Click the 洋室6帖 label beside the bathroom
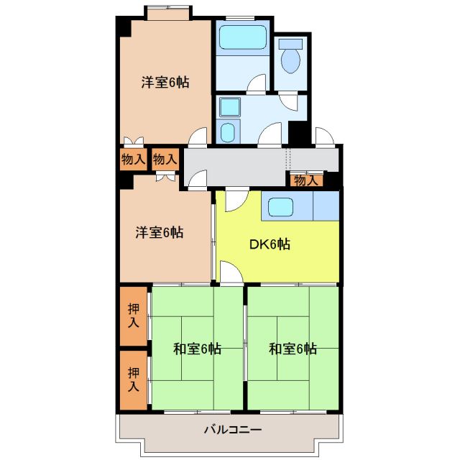tap(165, 83)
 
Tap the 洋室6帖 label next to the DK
tap(159, 232)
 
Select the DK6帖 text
tap(270, 244)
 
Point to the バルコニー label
tap(232, 430)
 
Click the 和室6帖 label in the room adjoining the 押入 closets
tap(197, 349)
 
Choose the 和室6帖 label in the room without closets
tap(293, 349)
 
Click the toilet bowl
tap(292, 57)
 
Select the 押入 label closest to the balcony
tap(134, 379)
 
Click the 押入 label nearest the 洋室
tap(134, 316)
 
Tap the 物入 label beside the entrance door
tap(305, 180)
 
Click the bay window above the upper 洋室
tap(167, 11)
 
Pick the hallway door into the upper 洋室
tap(198, 137)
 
